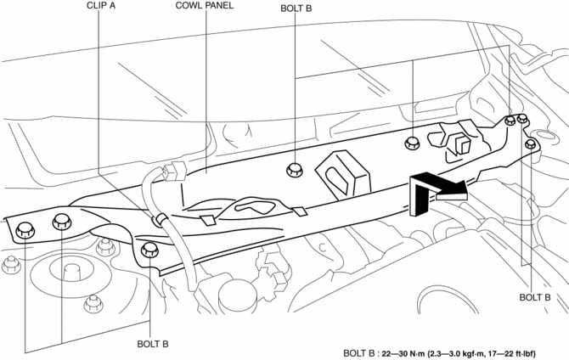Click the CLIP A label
coord(101,6)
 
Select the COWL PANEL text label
coord(205,6)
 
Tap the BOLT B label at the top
coord(296,6)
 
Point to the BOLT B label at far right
coord(536,297)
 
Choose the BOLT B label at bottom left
coord(151,344)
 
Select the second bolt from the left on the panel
coord(62,222)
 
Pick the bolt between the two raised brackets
coord(412,142)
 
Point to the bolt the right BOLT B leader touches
coord(531,144)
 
